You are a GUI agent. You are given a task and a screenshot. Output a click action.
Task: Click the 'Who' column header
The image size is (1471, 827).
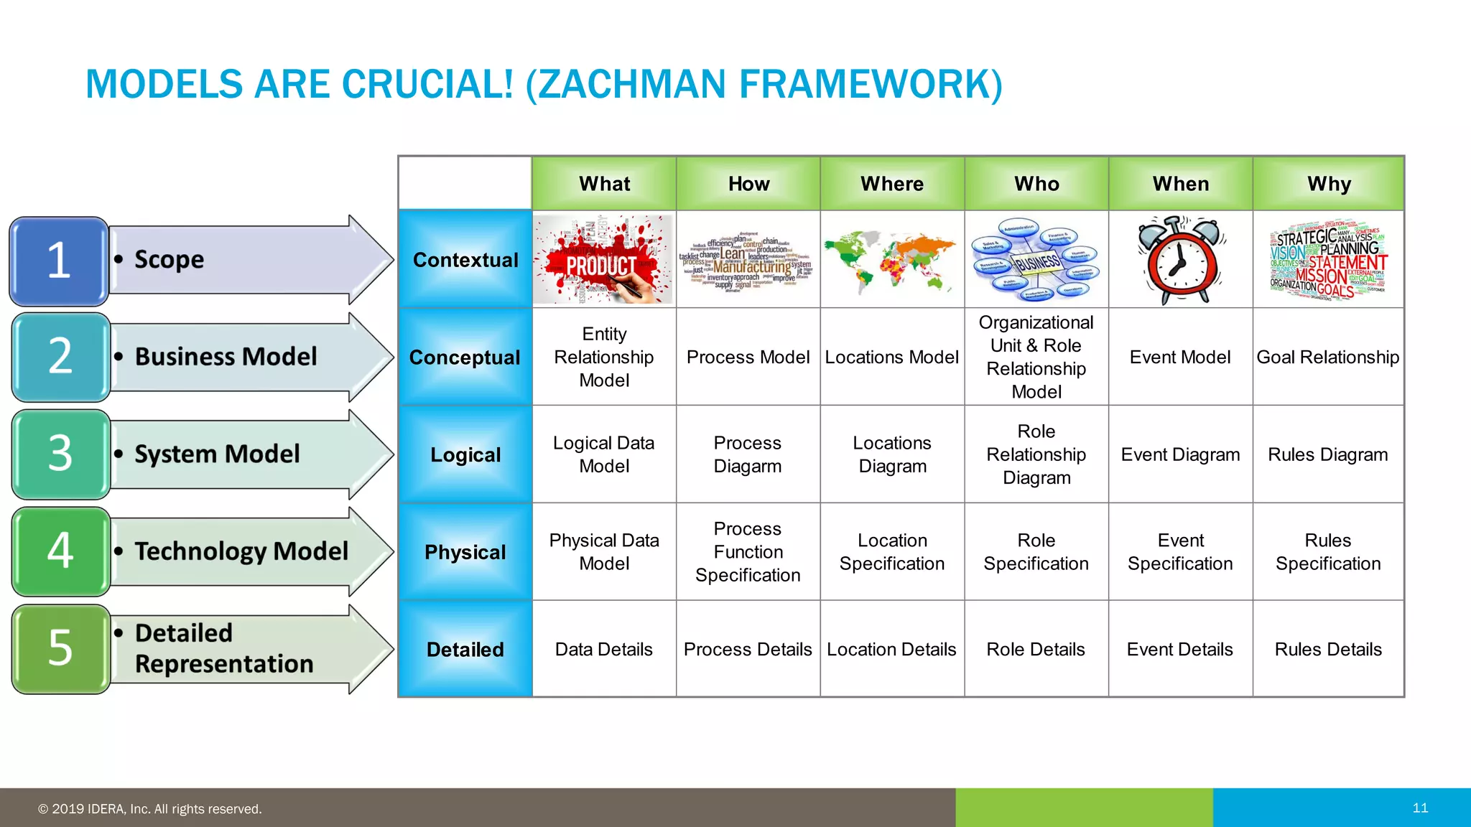coord(1036,184)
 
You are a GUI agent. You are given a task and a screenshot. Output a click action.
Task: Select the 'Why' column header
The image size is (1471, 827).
coord(1328,184)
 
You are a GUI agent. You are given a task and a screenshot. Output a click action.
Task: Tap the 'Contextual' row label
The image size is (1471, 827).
coord(465,260)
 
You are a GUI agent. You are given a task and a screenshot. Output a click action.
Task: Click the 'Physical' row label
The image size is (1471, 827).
coord(465,552)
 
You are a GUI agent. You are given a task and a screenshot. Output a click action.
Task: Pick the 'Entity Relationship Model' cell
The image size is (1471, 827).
coord(604,357)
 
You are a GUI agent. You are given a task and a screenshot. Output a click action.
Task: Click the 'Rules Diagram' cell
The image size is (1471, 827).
coord(1327,454)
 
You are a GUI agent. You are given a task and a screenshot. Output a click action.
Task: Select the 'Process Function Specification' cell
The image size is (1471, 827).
coord(748,551)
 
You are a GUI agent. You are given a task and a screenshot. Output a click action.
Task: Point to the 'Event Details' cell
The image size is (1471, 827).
coord(1179,649)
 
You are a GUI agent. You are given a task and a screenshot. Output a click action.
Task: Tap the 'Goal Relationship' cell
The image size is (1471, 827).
coord(1327,357)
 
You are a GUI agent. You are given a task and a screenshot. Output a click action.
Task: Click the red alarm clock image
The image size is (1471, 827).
coord(1181,260)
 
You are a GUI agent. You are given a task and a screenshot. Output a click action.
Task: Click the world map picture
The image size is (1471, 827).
coord(891,260)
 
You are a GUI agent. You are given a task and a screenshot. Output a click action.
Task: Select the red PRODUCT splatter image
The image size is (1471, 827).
coord(603,260)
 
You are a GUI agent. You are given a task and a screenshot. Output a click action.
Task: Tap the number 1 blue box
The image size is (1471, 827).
coord(59,261)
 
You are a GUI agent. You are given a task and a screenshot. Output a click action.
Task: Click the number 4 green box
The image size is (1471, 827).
coord(60,551)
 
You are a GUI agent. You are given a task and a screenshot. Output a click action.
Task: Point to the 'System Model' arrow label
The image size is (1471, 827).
coord(217,454)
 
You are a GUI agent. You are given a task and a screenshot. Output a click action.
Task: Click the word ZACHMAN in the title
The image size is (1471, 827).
coord(632,84)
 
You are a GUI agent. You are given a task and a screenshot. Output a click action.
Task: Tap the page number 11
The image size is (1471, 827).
coord(1420,808)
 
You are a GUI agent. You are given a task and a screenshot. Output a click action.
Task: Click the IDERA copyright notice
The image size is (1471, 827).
coord(150,809)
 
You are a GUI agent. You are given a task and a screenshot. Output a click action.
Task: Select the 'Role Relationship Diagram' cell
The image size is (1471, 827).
coord(1036,454)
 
